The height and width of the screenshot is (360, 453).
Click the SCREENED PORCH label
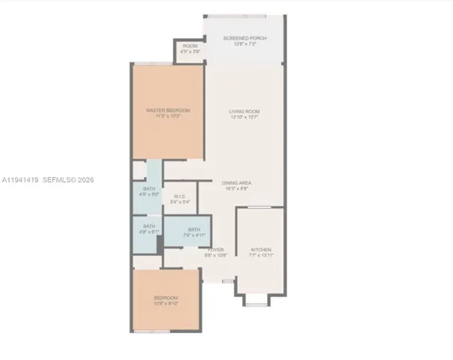point(244,38)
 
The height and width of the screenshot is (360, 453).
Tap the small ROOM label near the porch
point(190,46)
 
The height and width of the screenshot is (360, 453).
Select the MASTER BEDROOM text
point(168,111)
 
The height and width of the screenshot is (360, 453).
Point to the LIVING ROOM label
point(244,112)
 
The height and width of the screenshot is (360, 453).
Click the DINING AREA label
point(235,184)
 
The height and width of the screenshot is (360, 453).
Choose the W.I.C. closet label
point(180,196)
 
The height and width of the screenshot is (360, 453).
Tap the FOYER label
point(215,250)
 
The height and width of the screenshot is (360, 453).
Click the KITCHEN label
point(261,250)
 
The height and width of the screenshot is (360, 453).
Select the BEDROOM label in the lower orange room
point(167,298)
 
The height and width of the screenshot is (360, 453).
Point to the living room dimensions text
point(244,117)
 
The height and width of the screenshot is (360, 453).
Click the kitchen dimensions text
point(261,256)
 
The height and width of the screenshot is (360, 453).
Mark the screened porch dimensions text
point(244,44)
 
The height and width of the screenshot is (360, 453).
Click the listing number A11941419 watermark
point(19,180)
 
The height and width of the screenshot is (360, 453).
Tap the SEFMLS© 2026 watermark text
point(69,180)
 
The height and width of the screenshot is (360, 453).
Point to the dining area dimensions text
point(235,189)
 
